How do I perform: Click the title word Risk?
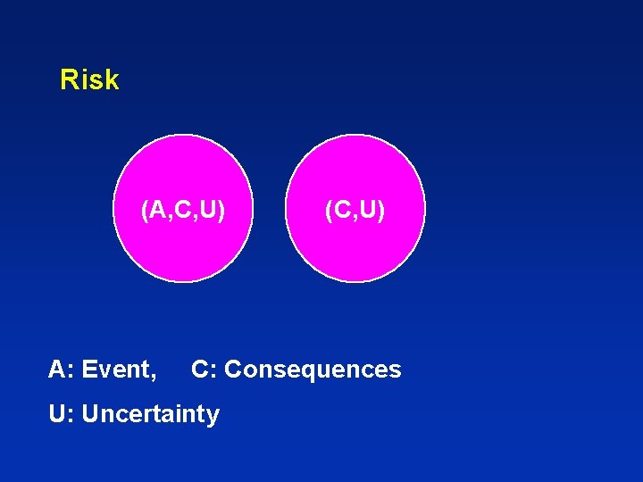tap(89, 80)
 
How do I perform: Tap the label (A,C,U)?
tap(183, 211)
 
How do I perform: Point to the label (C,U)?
tap(355, 211)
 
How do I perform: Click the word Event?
tap(120, 370)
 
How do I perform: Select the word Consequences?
tap(313, 370)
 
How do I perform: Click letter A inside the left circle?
tap(156, 211)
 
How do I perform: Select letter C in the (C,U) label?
tap(340, 211)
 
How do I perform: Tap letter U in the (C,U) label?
tap(370, 211)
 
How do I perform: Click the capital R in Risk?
tap(68, 80)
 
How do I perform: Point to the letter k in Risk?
tap(112, 80)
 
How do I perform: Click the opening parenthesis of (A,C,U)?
tap(145, 211)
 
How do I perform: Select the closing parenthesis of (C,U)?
tap(382, 211)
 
